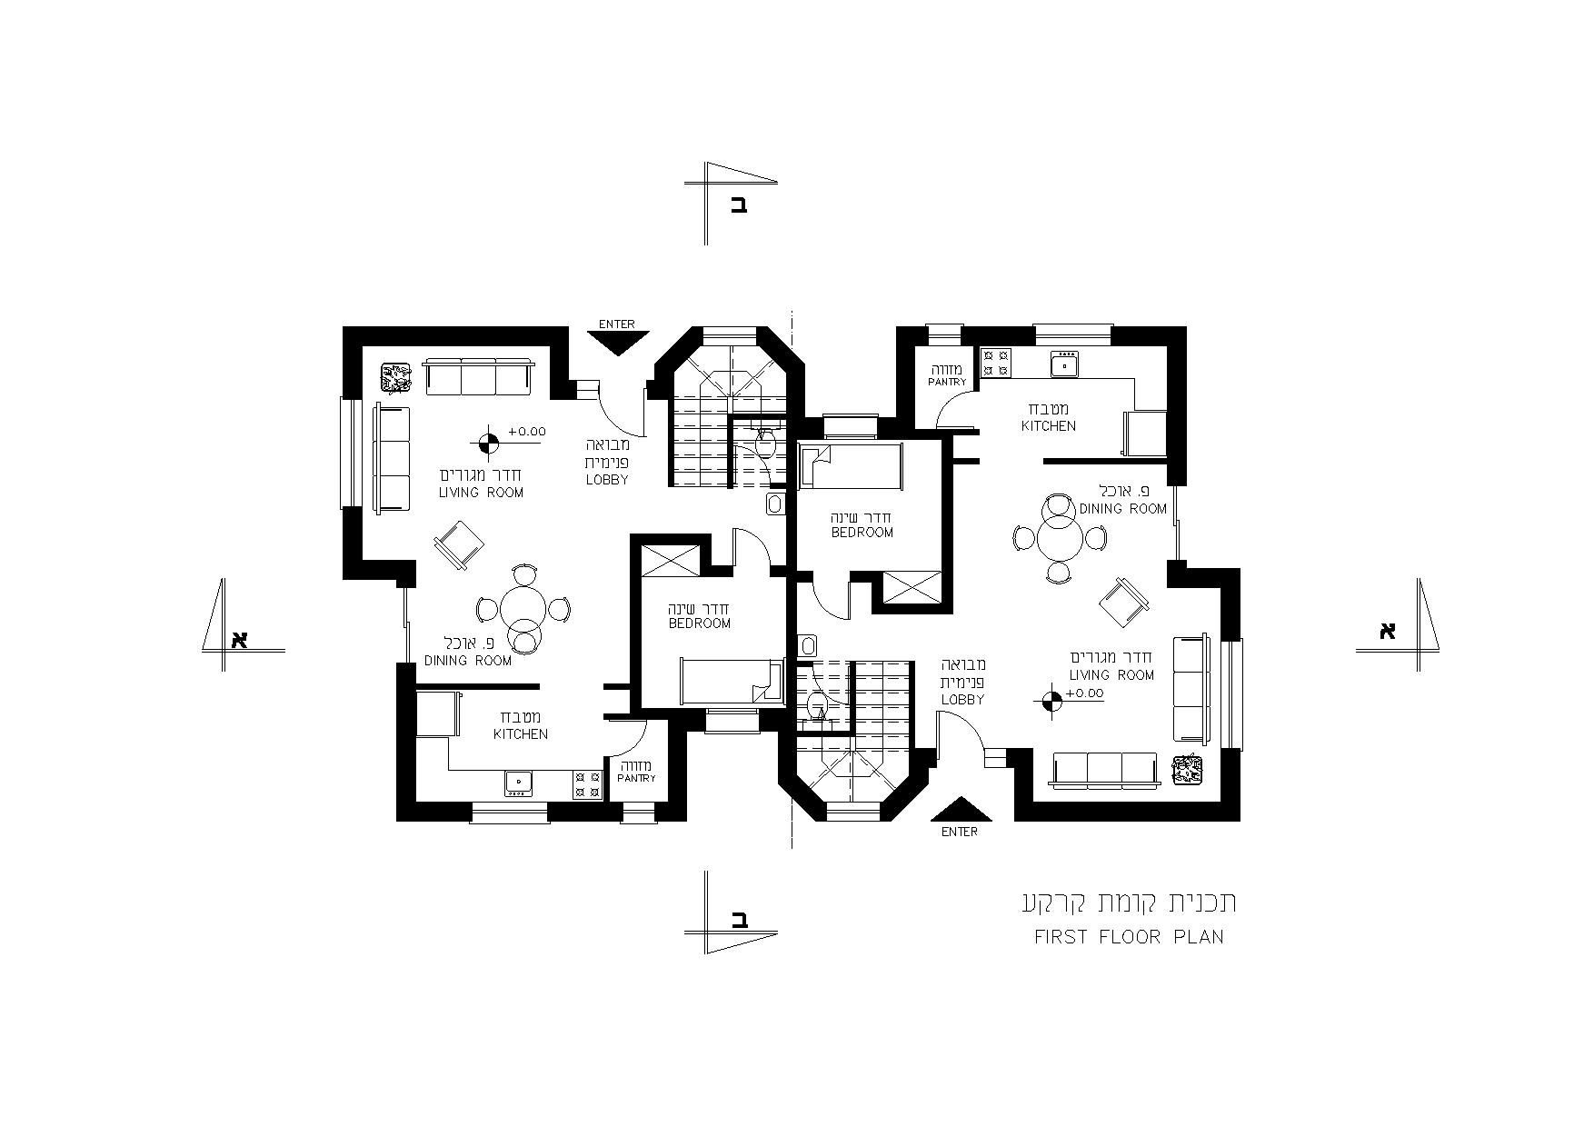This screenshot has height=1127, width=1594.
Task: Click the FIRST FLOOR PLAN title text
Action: click(1129, 937)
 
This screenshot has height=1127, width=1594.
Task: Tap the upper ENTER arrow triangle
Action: click(618, 343)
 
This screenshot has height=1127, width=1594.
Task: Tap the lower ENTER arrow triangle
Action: click(960, 809)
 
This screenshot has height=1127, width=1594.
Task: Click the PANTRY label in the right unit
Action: click(948, 383)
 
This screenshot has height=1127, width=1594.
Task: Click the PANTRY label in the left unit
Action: click(636, 779)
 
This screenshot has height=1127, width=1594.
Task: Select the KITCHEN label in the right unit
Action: click(1049, 425)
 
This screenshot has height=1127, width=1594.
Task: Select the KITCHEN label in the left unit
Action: click(521, 733)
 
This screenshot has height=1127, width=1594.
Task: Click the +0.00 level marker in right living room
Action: click(1051, 700)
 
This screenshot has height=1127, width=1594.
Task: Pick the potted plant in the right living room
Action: click(1186, 770)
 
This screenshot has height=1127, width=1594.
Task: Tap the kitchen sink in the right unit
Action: click(1064, 365)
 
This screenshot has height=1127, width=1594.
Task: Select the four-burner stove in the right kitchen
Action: click(996, 364)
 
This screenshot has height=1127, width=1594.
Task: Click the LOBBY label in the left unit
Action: click(607, 480)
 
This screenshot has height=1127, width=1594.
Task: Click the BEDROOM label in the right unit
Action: click(862, 533)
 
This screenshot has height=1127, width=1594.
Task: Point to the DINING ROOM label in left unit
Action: click(468, 661)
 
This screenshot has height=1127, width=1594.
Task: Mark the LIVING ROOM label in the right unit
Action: click(1111, 674)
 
